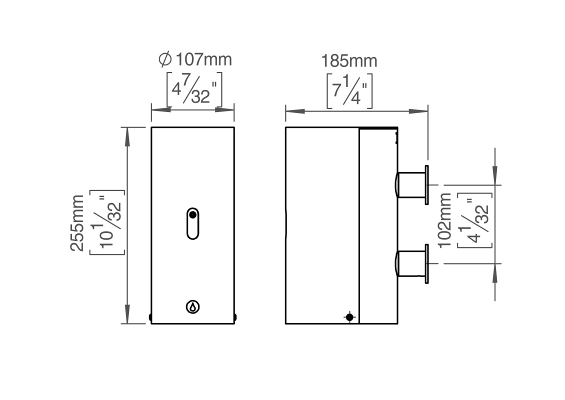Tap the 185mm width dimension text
pos(349,61)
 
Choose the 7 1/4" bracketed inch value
pos(349,90)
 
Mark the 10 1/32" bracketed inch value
pos(106,222)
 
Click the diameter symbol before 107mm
pos(164,60)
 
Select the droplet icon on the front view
pos(192,306)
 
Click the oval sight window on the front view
pos(192,223)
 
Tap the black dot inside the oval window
pos(192,215)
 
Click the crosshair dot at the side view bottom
pos(349,317)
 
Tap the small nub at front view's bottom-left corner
pos(150,317)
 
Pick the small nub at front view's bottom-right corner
pos(235,317)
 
